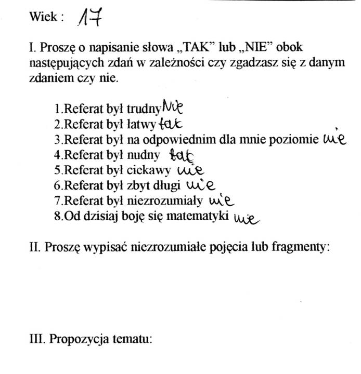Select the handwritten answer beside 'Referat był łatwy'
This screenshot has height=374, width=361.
(170, 124)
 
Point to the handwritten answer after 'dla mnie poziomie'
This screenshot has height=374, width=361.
(334, 139)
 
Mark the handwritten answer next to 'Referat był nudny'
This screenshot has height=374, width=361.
(182, 154)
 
